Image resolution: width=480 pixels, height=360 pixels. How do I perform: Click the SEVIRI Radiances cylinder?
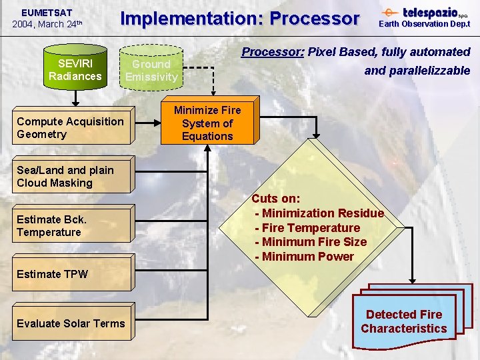coord(75,69)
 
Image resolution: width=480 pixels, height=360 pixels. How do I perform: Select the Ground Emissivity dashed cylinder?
coord(151,69)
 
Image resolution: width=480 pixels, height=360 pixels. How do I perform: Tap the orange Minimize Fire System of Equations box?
coord(207,123)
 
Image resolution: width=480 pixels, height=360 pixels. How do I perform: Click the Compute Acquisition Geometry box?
coord(72,128)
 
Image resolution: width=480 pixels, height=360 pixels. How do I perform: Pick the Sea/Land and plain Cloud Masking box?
coord(72,177)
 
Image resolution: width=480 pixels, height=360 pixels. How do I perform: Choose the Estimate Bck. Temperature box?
coord(72,226)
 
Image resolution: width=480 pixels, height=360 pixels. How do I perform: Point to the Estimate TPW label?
coord(52,274)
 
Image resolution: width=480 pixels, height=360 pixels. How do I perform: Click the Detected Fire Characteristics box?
coord(404,321)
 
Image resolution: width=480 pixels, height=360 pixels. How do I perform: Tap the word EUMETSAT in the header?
coord(47,12)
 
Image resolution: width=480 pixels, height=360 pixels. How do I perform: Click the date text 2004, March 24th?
coord(47,24)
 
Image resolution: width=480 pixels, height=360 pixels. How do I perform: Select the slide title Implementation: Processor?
coord(239,19)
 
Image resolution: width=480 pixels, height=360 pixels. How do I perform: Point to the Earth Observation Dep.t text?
coord(425,24)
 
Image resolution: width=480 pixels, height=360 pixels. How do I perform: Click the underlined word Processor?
coord(273,52)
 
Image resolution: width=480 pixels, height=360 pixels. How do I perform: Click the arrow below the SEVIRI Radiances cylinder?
coord(75,99)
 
